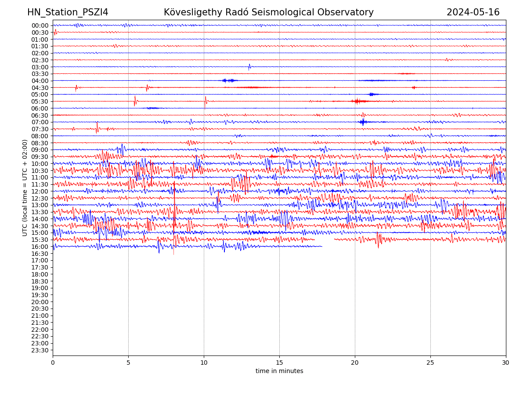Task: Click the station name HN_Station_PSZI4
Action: pos(68,13)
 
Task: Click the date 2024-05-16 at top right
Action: pos(473,13)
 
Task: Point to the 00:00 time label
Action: pos(40,25)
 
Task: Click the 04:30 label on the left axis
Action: pos(40,88)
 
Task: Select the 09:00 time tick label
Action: pos(40,150)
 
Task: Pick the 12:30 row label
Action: pos(40,198)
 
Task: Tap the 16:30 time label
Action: pos(40,254)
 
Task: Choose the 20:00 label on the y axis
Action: pos(40,302)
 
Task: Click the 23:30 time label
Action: pos(40,350)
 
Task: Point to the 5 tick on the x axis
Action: pos(128,363)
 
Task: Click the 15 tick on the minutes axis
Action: pos(279,363)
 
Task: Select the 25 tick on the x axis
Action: pos(430,363)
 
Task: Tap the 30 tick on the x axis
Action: pos(506,363)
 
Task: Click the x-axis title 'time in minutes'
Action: pos(279,371)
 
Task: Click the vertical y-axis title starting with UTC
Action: pos(25,188)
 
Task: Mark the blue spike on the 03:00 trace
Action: pos(249,67)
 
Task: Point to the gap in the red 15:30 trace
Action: pos(325,240)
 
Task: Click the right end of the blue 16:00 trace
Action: pos(322,246)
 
